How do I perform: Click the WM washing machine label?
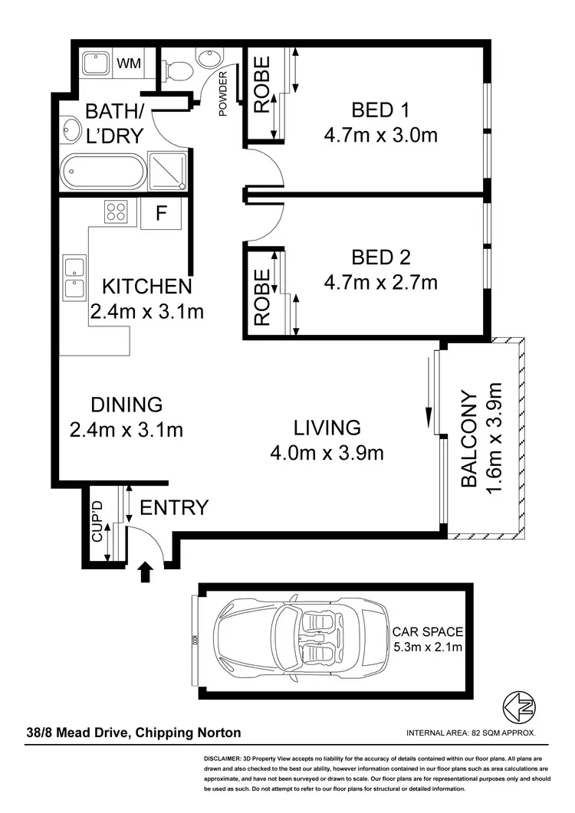tap(130, 63)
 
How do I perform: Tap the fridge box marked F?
tap(160, 213)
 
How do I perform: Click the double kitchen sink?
tap(74, 277)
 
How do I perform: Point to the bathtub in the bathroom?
tap(102, 172)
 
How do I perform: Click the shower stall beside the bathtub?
tap(167, 171)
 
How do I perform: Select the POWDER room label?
tap(224, 93)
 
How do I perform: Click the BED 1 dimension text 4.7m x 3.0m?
tap(380, 136)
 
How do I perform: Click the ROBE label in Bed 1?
tap(262, 85)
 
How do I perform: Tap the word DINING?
tap(127, 404)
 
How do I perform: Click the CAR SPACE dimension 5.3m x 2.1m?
tap(427, 647)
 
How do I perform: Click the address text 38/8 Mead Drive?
tap(79, 733)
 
